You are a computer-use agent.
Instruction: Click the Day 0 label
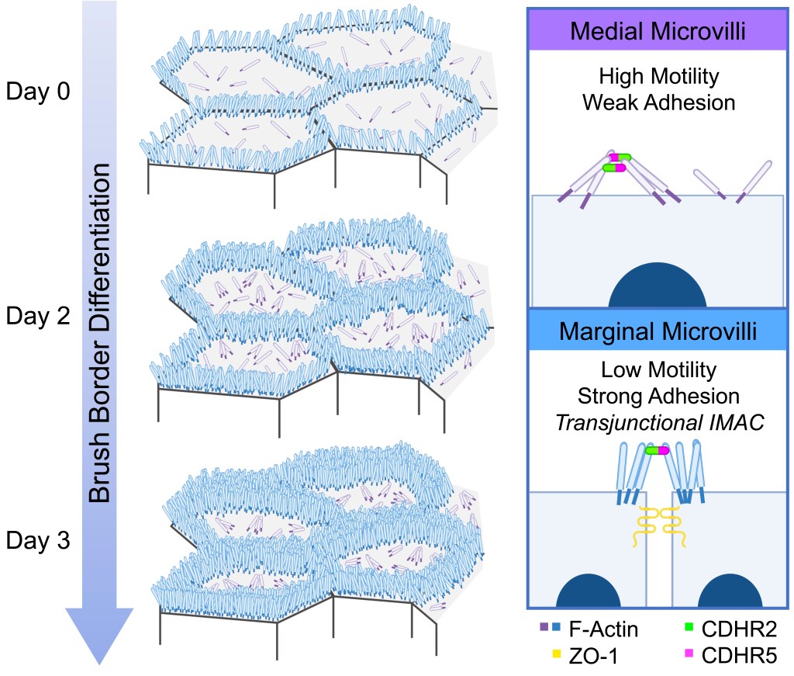(38, 92)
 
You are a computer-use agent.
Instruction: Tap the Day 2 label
(38, 316)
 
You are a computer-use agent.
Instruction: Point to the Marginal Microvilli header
(658, 331)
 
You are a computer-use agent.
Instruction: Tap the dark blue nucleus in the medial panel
(658, 289)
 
